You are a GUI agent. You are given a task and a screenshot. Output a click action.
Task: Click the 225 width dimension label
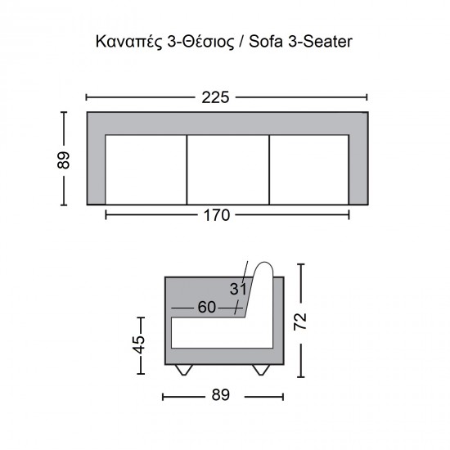point(215,97)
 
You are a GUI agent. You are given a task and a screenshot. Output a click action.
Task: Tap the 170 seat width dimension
point(217,215)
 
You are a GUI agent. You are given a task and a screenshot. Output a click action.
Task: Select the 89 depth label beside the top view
point(64,160)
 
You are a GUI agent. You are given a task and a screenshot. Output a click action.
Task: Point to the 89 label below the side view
point(221,395)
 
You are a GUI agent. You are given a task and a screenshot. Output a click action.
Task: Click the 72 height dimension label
point(300,322)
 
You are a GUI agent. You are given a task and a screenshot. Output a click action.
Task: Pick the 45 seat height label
point(140,344)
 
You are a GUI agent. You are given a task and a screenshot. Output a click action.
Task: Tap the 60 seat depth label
point(207,307)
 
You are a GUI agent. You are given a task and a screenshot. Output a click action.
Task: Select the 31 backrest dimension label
point(238,289)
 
